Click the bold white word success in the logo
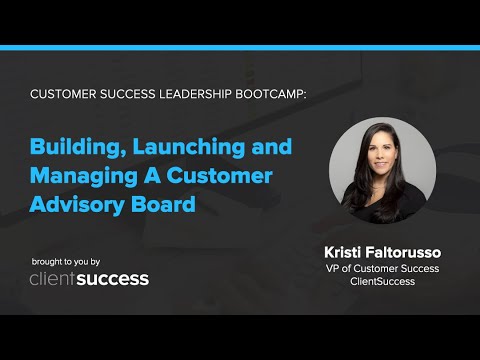point(115,279)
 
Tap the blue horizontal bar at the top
point(240,47)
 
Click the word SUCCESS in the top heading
point(122,93)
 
